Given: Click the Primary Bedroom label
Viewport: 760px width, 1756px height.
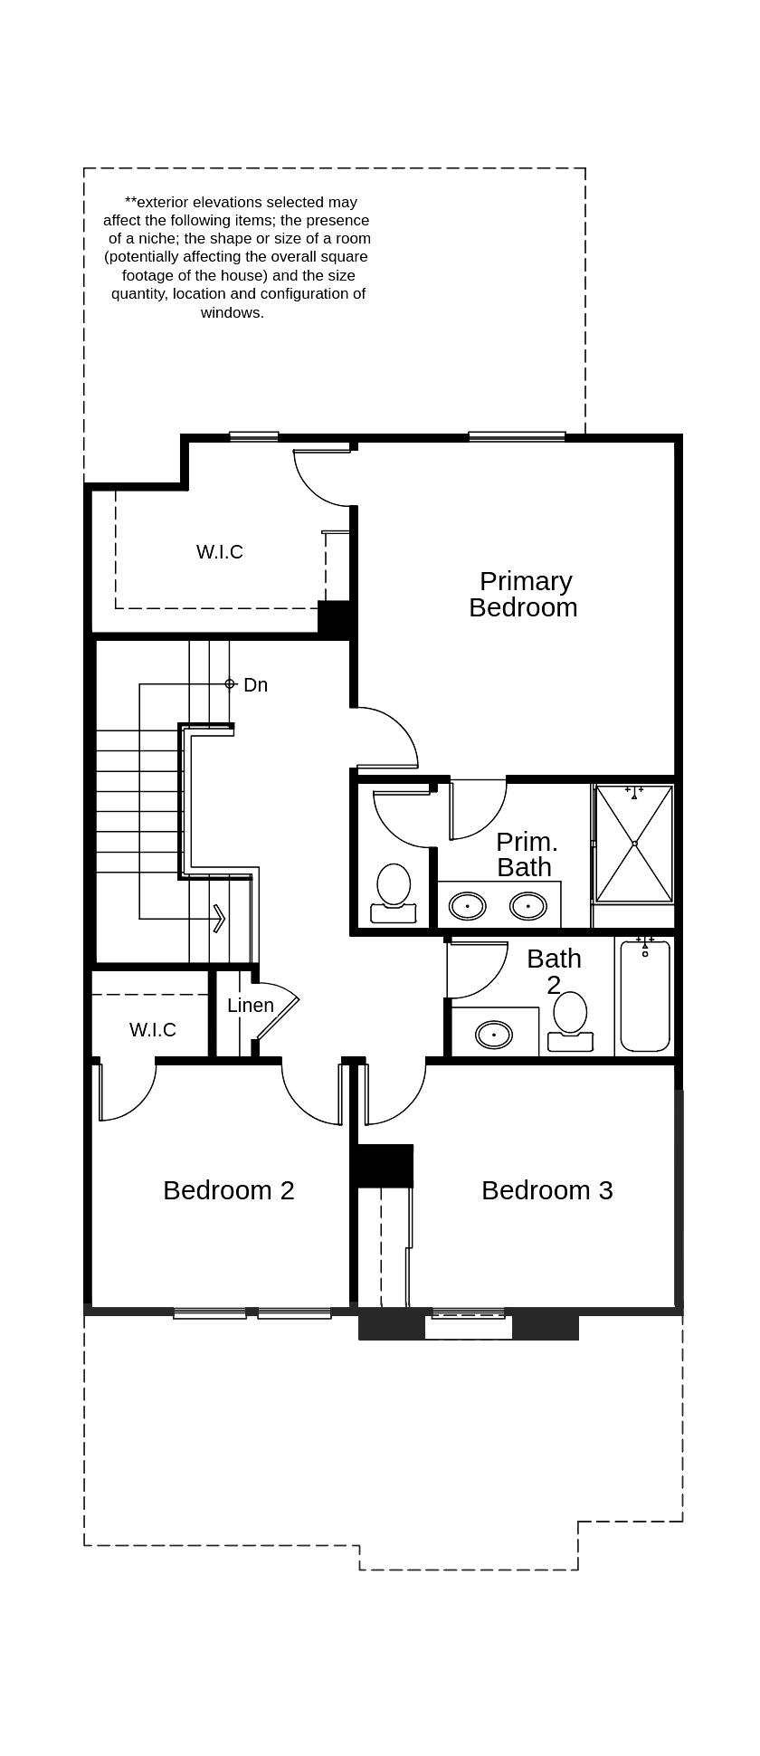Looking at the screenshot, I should point(523,594).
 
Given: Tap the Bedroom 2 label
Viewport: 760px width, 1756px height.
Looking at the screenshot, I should point(229,1190).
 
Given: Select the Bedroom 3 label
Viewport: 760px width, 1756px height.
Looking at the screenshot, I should point(546,1190).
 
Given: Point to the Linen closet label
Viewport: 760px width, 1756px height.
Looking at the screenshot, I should point(251,1006).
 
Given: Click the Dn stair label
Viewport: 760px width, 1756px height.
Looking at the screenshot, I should point(255,685).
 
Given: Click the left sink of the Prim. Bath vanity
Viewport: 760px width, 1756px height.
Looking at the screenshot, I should point(468,904).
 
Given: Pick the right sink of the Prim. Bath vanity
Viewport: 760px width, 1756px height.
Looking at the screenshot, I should point(527,904).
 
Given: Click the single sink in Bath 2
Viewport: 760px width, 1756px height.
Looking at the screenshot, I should point(494,1034).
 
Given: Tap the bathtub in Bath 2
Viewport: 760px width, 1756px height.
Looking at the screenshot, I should point(645,996).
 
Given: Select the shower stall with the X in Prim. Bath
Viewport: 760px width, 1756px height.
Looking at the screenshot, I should point(634,844).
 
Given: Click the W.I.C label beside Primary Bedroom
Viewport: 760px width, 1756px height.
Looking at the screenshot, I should point(220,552).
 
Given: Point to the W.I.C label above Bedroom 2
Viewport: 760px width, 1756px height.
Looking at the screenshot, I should point(152,1030).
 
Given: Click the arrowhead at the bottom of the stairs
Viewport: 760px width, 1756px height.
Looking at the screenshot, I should point(219,918).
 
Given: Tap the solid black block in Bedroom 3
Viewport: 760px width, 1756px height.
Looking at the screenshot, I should point(384,1166).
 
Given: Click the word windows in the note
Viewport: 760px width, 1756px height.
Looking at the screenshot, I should point(233,313).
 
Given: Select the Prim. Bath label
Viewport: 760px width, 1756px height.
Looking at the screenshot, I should point(526,854).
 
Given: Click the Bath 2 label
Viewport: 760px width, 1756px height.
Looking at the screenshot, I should point(554,970).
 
